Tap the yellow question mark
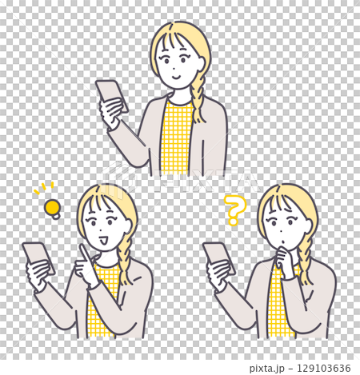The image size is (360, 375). pyautogui.click(x=233, y=209)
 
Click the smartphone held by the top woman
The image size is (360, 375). pyautogui.click(x=111, y=94)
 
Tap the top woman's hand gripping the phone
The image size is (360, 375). pyautogui.click(x=110, y=112)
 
